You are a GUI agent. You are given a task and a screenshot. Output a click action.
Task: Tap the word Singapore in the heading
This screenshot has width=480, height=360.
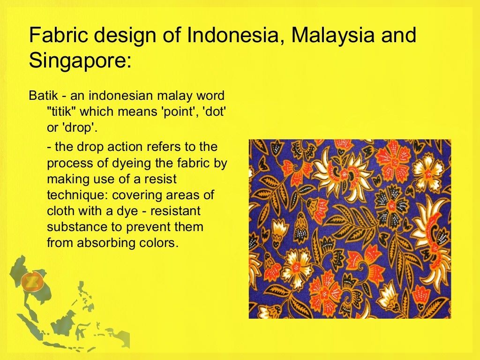point(80,61)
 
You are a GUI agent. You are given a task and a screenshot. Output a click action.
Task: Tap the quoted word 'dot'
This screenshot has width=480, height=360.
point(215,112)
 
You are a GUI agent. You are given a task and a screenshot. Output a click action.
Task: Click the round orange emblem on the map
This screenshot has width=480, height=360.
point(32,282)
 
